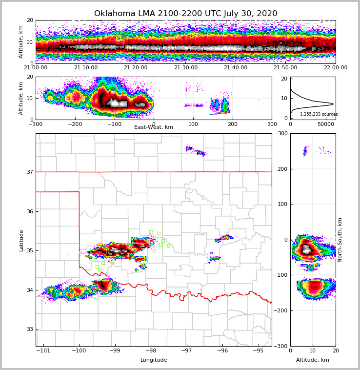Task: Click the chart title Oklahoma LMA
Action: coord(185,14)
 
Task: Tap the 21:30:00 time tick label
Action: coord(185,68)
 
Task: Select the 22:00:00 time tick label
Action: coord(335,68)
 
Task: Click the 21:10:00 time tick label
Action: coord(85,68)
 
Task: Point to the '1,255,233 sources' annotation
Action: coord(319,114)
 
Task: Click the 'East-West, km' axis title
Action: coord(154,127)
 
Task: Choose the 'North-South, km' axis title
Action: coord(340,240)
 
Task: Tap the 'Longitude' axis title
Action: coord(154,360)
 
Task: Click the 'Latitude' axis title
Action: coord(21,240)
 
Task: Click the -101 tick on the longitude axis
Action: coord(44,351)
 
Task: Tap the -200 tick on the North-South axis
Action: coord(281,310)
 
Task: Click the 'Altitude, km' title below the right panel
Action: coord(313,360)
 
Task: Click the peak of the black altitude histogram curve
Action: coord(333,104)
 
